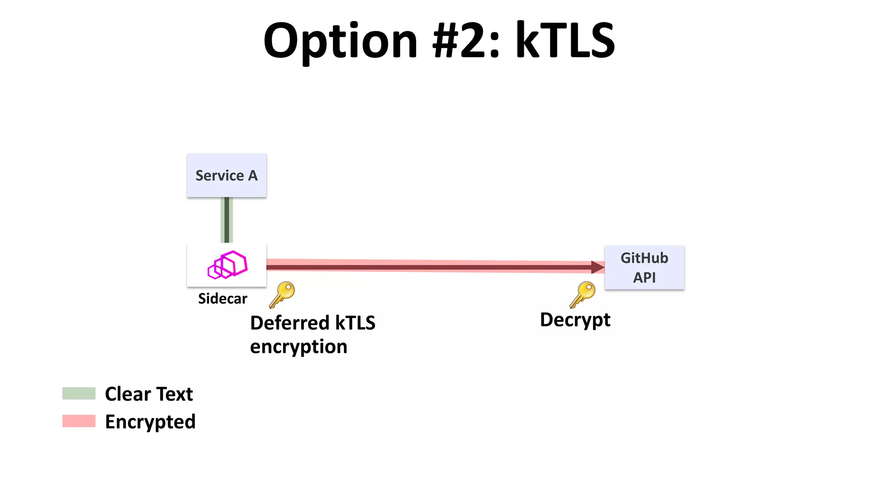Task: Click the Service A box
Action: [x=226, y=175]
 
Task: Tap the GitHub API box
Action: [x=644, y=267]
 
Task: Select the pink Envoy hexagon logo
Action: [x=227, y=264]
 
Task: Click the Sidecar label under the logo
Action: [x=223, y=298]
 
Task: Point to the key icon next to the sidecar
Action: [x=282, y=294]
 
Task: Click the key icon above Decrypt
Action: [x=583, y=294]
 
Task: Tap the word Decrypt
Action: [x=575, y=320]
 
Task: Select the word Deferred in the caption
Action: [x=289, y=323]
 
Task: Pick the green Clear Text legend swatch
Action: [x=79, y=393]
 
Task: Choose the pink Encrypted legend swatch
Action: [x=79, y=421]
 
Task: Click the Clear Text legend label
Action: [x=149, y=394]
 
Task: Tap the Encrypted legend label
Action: [x=150, y=422]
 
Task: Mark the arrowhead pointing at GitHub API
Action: [x=598, y=267]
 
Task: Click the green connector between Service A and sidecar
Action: [x=227, y=220]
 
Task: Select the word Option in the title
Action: [x=340, y=41]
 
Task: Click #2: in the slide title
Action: [x=466, y=41]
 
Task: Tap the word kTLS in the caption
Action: [x=355, y=323]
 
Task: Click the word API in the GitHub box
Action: [x=644, y=277]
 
